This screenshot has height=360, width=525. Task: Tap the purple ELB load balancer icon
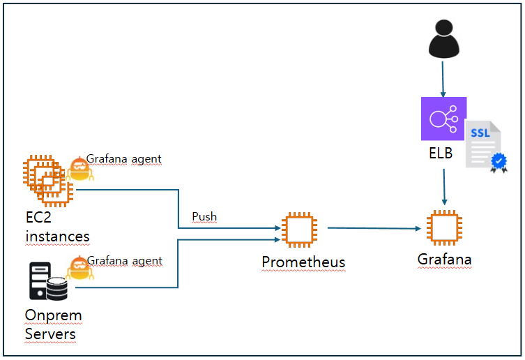tap(443, 119)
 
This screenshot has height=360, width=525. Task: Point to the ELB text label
tap(441, 153)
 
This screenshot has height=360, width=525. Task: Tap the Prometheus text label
tap(303, 262)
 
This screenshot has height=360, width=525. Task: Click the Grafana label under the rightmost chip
tap(444, 260)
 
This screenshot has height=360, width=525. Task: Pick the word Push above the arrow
tap(204, 217)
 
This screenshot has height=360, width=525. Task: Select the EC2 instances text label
tap(57, 227)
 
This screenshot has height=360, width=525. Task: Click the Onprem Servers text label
tap(53, 324)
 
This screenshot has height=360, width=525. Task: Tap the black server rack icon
tap(39, 280)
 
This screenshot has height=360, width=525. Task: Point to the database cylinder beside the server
tap(57, 288)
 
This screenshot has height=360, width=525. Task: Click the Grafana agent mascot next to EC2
tap(78, 170)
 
